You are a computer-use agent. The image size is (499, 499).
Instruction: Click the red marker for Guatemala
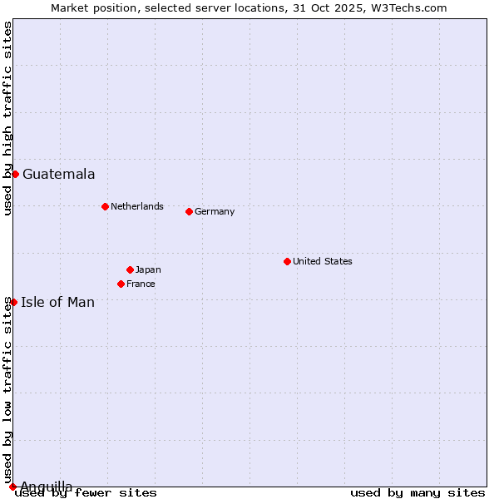click(15, 174)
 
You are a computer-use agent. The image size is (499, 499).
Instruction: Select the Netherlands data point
click(105, 206)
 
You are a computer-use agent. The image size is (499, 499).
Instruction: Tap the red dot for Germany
click(189, 211)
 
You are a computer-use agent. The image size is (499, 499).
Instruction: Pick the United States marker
click(287, 261)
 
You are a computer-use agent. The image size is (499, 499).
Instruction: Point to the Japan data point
click(130, 269)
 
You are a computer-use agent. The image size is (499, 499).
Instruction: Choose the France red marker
click(121, 284)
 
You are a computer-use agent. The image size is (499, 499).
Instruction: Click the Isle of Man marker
click(13, 302)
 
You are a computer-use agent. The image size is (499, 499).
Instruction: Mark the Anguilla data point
click(12, 487)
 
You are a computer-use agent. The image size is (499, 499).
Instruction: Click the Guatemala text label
click(58, 174)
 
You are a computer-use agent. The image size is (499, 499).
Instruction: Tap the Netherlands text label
click(137, 206)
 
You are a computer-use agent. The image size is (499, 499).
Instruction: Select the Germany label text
click(215, 211)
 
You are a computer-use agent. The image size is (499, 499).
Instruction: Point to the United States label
click(323, 261)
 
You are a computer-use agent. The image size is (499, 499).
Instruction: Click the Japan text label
click(148, 269)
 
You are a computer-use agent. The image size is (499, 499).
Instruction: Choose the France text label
click(141, 284)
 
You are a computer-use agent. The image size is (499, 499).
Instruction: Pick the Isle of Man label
click(57, 302)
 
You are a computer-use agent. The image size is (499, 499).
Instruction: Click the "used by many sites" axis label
click(417, 492)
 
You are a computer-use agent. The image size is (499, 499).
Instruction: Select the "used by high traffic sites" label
click(7, 118)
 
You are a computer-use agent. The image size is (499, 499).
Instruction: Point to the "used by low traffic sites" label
click(7, 390)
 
